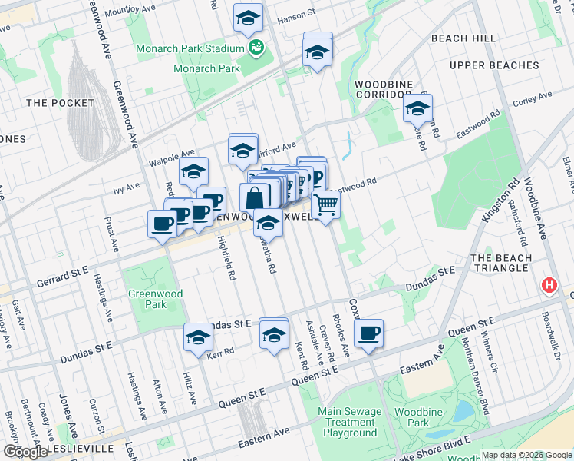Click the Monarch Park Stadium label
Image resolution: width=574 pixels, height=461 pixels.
point(190,49)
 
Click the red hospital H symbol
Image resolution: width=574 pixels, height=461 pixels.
point(549,287)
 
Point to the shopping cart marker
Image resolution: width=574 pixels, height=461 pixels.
point(326,204)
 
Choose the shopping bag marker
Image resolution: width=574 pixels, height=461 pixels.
point(254,197)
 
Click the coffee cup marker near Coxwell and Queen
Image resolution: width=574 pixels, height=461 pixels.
point(369,333)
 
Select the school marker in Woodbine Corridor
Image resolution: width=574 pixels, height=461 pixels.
point(417,109)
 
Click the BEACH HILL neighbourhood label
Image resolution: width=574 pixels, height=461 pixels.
point(463,38)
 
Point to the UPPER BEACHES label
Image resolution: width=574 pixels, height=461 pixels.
point(494,65)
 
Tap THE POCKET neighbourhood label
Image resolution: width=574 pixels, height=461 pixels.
point(60,103)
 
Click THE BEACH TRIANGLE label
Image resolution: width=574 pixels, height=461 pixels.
point(500,263)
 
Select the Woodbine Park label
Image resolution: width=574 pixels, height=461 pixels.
point(417,418)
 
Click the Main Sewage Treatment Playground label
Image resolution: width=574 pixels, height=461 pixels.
point(351,422)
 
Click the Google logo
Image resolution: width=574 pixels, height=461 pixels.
point(26,451)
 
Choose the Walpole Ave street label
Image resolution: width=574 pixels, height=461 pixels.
point(172,155)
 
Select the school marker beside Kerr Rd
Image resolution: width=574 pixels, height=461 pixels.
point(198,337)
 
